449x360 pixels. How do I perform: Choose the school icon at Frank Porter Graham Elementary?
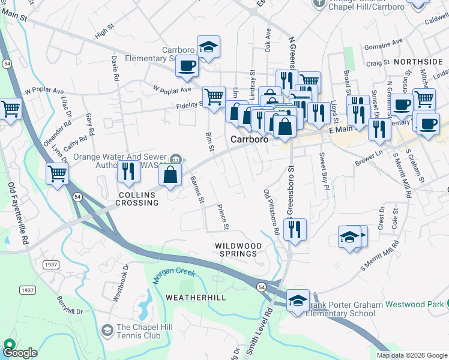pyautogui.click(x=298, y=300)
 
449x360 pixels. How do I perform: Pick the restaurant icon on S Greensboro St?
pyautogui.click(x=295, y=229)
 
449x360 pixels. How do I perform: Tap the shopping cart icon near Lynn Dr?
pyautogui.click(x=57, y=174)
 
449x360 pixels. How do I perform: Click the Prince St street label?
pyautogui.click(x=223, y=217)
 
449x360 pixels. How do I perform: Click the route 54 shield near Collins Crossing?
pyautogui.click(x=77, y=196)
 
